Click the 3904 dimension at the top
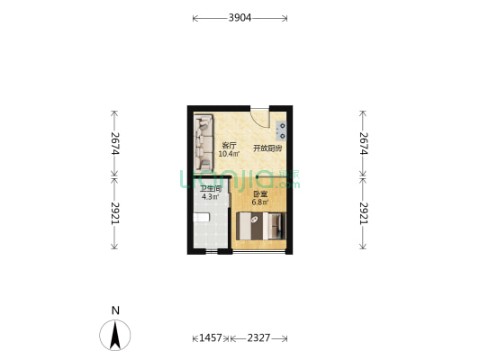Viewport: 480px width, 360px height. pos(240,18)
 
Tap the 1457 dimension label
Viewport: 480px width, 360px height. pos(210,338)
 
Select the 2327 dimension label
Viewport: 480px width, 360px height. pos(258,338)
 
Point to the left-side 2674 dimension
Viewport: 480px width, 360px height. pos(115,144)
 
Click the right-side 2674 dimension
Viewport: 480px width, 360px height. pos(364,144)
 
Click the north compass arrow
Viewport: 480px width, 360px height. pos(115,335)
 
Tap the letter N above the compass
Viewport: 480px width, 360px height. pos(115,310)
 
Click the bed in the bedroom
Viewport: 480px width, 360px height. pos(261,226)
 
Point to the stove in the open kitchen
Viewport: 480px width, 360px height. pos(283,130)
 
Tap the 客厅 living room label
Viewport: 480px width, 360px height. pos(229,146)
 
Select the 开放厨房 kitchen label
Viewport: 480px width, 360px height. pos(267,148)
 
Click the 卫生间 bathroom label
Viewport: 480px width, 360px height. pos(211,188)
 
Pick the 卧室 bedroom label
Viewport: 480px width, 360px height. pos(259,194)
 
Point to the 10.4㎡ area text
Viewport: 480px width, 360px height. pos(229,154)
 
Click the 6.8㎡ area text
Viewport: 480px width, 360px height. pos(259,202)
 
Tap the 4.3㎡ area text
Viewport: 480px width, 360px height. pos(211,196)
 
